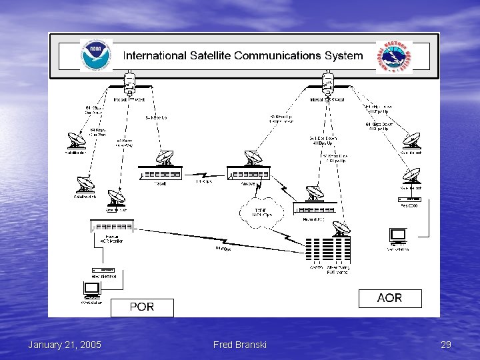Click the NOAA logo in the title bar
coord(96,55)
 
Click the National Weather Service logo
coord(393,57)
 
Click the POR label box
coord(142,307)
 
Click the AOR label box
coord(389,298)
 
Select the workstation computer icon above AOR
coord(397,235)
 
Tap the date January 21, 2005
coord(65,345)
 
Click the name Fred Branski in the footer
coord(239,345)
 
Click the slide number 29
coord(446,345)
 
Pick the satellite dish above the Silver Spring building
coord(341,226)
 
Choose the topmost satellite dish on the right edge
coord(411,141)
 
